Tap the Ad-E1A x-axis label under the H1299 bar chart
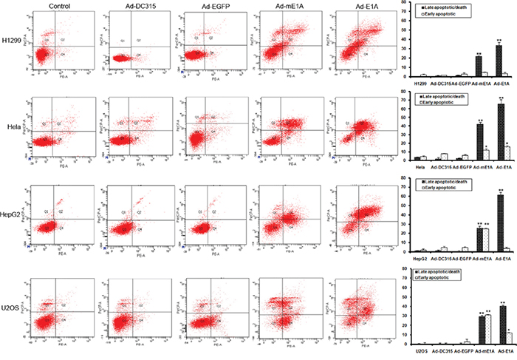(485, 81)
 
